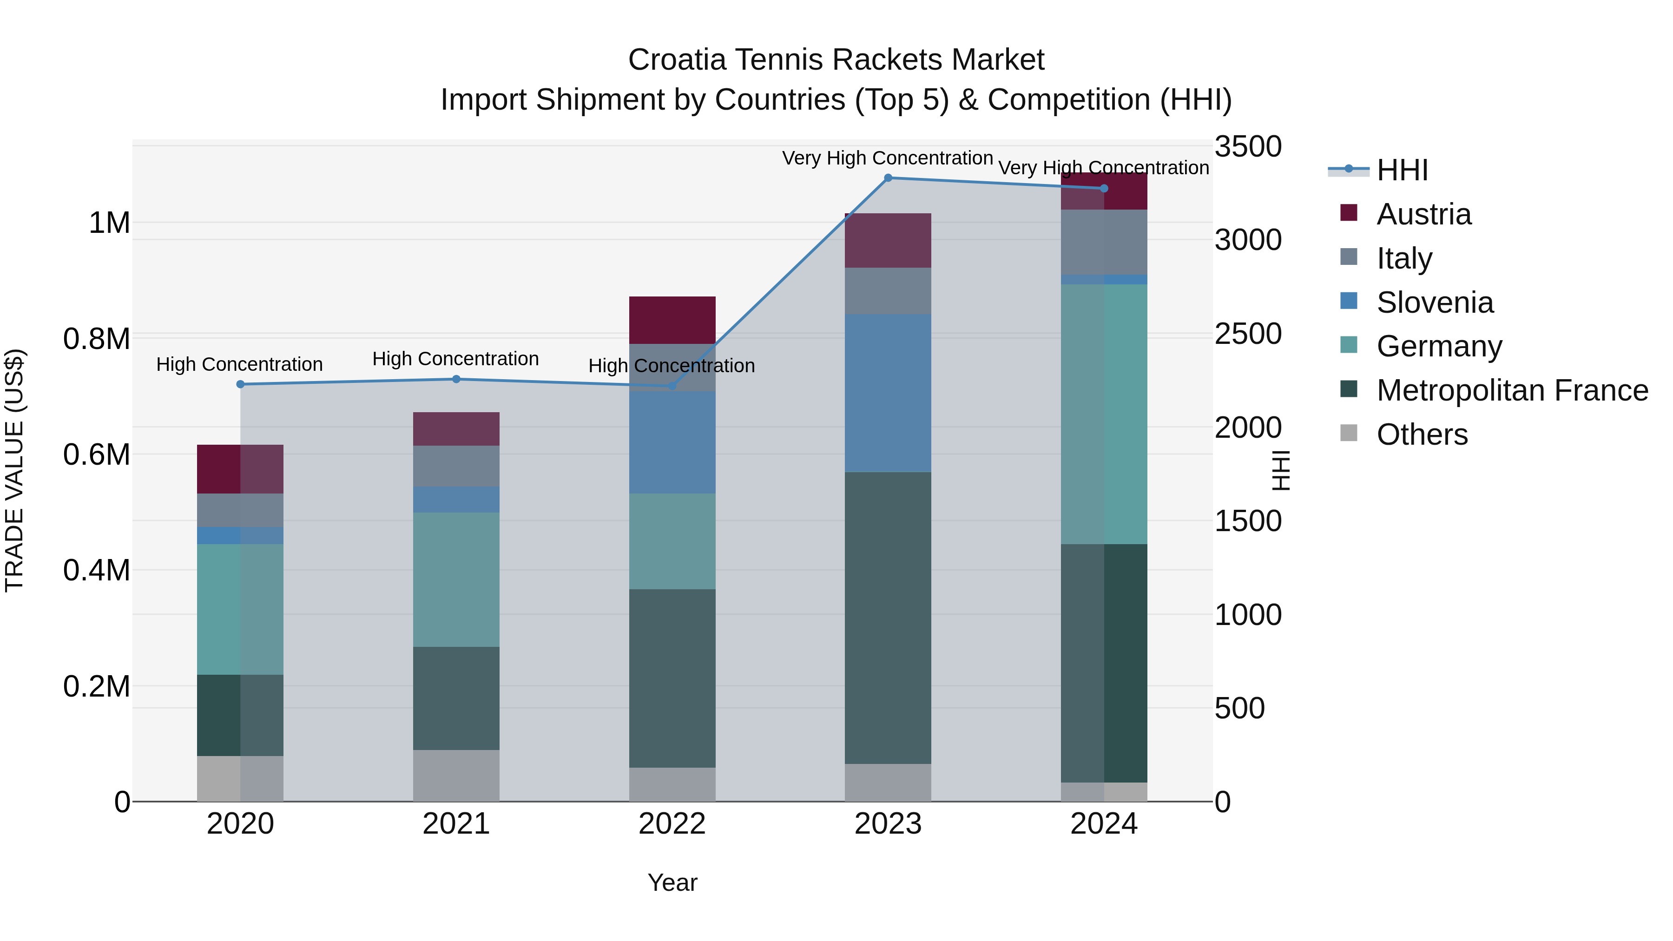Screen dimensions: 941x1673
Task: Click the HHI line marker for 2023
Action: coord(888,178)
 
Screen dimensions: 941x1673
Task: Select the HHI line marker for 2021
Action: coord(456,379)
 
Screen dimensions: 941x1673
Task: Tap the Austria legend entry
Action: coord(1423,214)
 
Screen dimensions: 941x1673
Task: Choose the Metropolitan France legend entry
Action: coord(1511,390)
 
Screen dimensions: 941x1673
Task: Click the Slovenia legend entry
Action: coord(1434,303)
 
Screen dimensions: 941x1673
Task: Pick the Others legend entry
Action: coord(1421,434)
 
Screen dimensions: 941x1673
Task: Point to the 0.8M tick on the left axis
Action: coord(96,339)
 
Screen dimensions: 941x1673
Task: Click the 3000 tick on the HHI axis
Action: coord(1248,240)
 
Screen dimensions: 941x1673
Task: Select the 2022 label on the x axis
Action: coord(672,824)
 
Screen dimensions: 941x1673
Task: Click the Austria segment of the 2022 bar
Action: coord(672,320)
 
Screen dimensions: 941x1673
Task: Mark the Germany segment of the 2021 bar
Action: coord(456,579)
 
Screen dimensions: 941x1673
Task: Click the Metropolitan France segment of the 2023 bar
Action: coord(888,617)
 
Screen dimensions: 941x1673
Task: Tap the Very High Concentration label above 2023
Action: coord(887,158)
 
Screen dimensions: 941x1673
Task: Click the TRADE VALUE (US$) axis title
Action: coord(14,470)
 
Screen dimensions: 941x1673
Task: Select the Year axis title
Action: coord(672,882)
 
